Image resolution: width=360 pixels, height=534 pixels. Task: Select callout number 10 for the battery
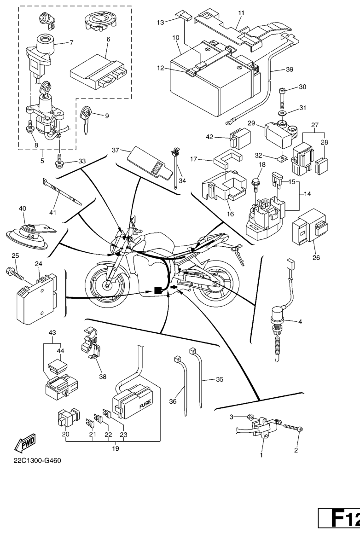coord(176,36)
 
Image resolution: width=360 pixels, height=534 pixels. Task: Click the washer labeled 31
coord(282,112)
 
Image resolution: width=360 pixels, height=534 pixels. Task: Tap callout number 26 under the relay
coord(316,257)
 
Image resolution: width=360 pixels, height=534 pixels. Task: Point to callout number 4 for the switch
coord(300,321)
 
